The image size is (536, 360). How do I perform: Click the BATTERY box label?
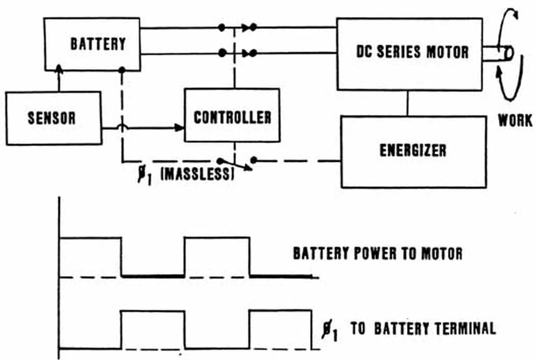click(x=98, y=44)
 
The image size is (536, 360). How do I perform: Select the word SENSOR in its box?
click(x=51, y=118)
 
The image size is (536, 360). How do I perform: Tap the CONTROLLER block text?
click(x=232, y=117)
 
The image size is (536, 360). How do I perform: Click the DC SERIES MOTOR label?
click(x=412, y=52)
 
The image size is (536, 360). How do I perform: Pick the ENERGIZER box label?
click(x=413, y=151)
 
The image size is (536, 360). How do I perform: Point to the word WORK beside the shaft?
click(x=515, y=120)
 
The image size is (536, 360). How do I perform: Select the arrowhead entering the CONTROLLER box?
click(x=180, y=128)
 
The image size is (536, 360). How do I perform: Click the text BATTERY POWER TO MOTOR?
click(x=377, y=254)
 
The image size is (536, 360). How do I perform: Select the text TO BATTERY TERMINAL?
click(x=423, y=329)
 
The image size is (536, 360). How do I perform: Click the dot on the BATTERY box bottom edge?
click(x=121, y=70)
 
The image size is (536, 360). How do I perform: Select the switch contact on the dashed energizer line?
click(x=253, y=160)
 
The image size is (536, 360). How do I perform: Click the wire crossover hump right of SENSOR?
click(x=121, y=128)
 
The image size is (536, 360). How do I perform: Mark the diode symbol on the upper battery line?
click(x=246, y=28)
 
